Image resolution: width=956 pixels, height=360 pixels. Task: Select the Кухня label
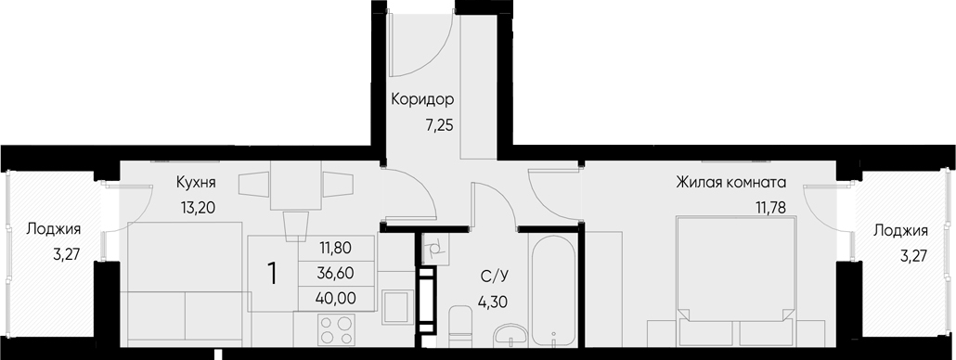(x=196, y=184)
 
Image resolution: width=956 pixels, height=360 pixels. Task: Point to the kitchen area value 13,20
(x=198, y=207)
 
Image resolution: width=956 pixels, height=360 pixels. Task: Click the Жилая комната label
(x=731, y=183)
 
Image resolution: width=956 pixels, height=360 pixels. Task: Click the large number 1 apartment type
(x=272, y=274)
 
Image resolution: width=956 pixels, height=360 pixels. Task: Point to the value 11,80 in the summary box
(x=335, y=250)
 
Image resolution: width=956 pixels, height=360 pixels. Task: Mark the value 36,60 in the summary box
(x=335, y=274)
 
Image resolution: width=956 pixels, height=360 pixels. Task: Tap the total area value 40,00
(x=335, y=298)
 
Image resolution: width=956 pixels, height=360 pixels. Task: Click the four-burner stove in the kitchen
(x=335, y=329)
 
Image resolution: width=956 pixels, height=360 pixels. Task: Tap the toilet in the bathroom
(x=459, y=326)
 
